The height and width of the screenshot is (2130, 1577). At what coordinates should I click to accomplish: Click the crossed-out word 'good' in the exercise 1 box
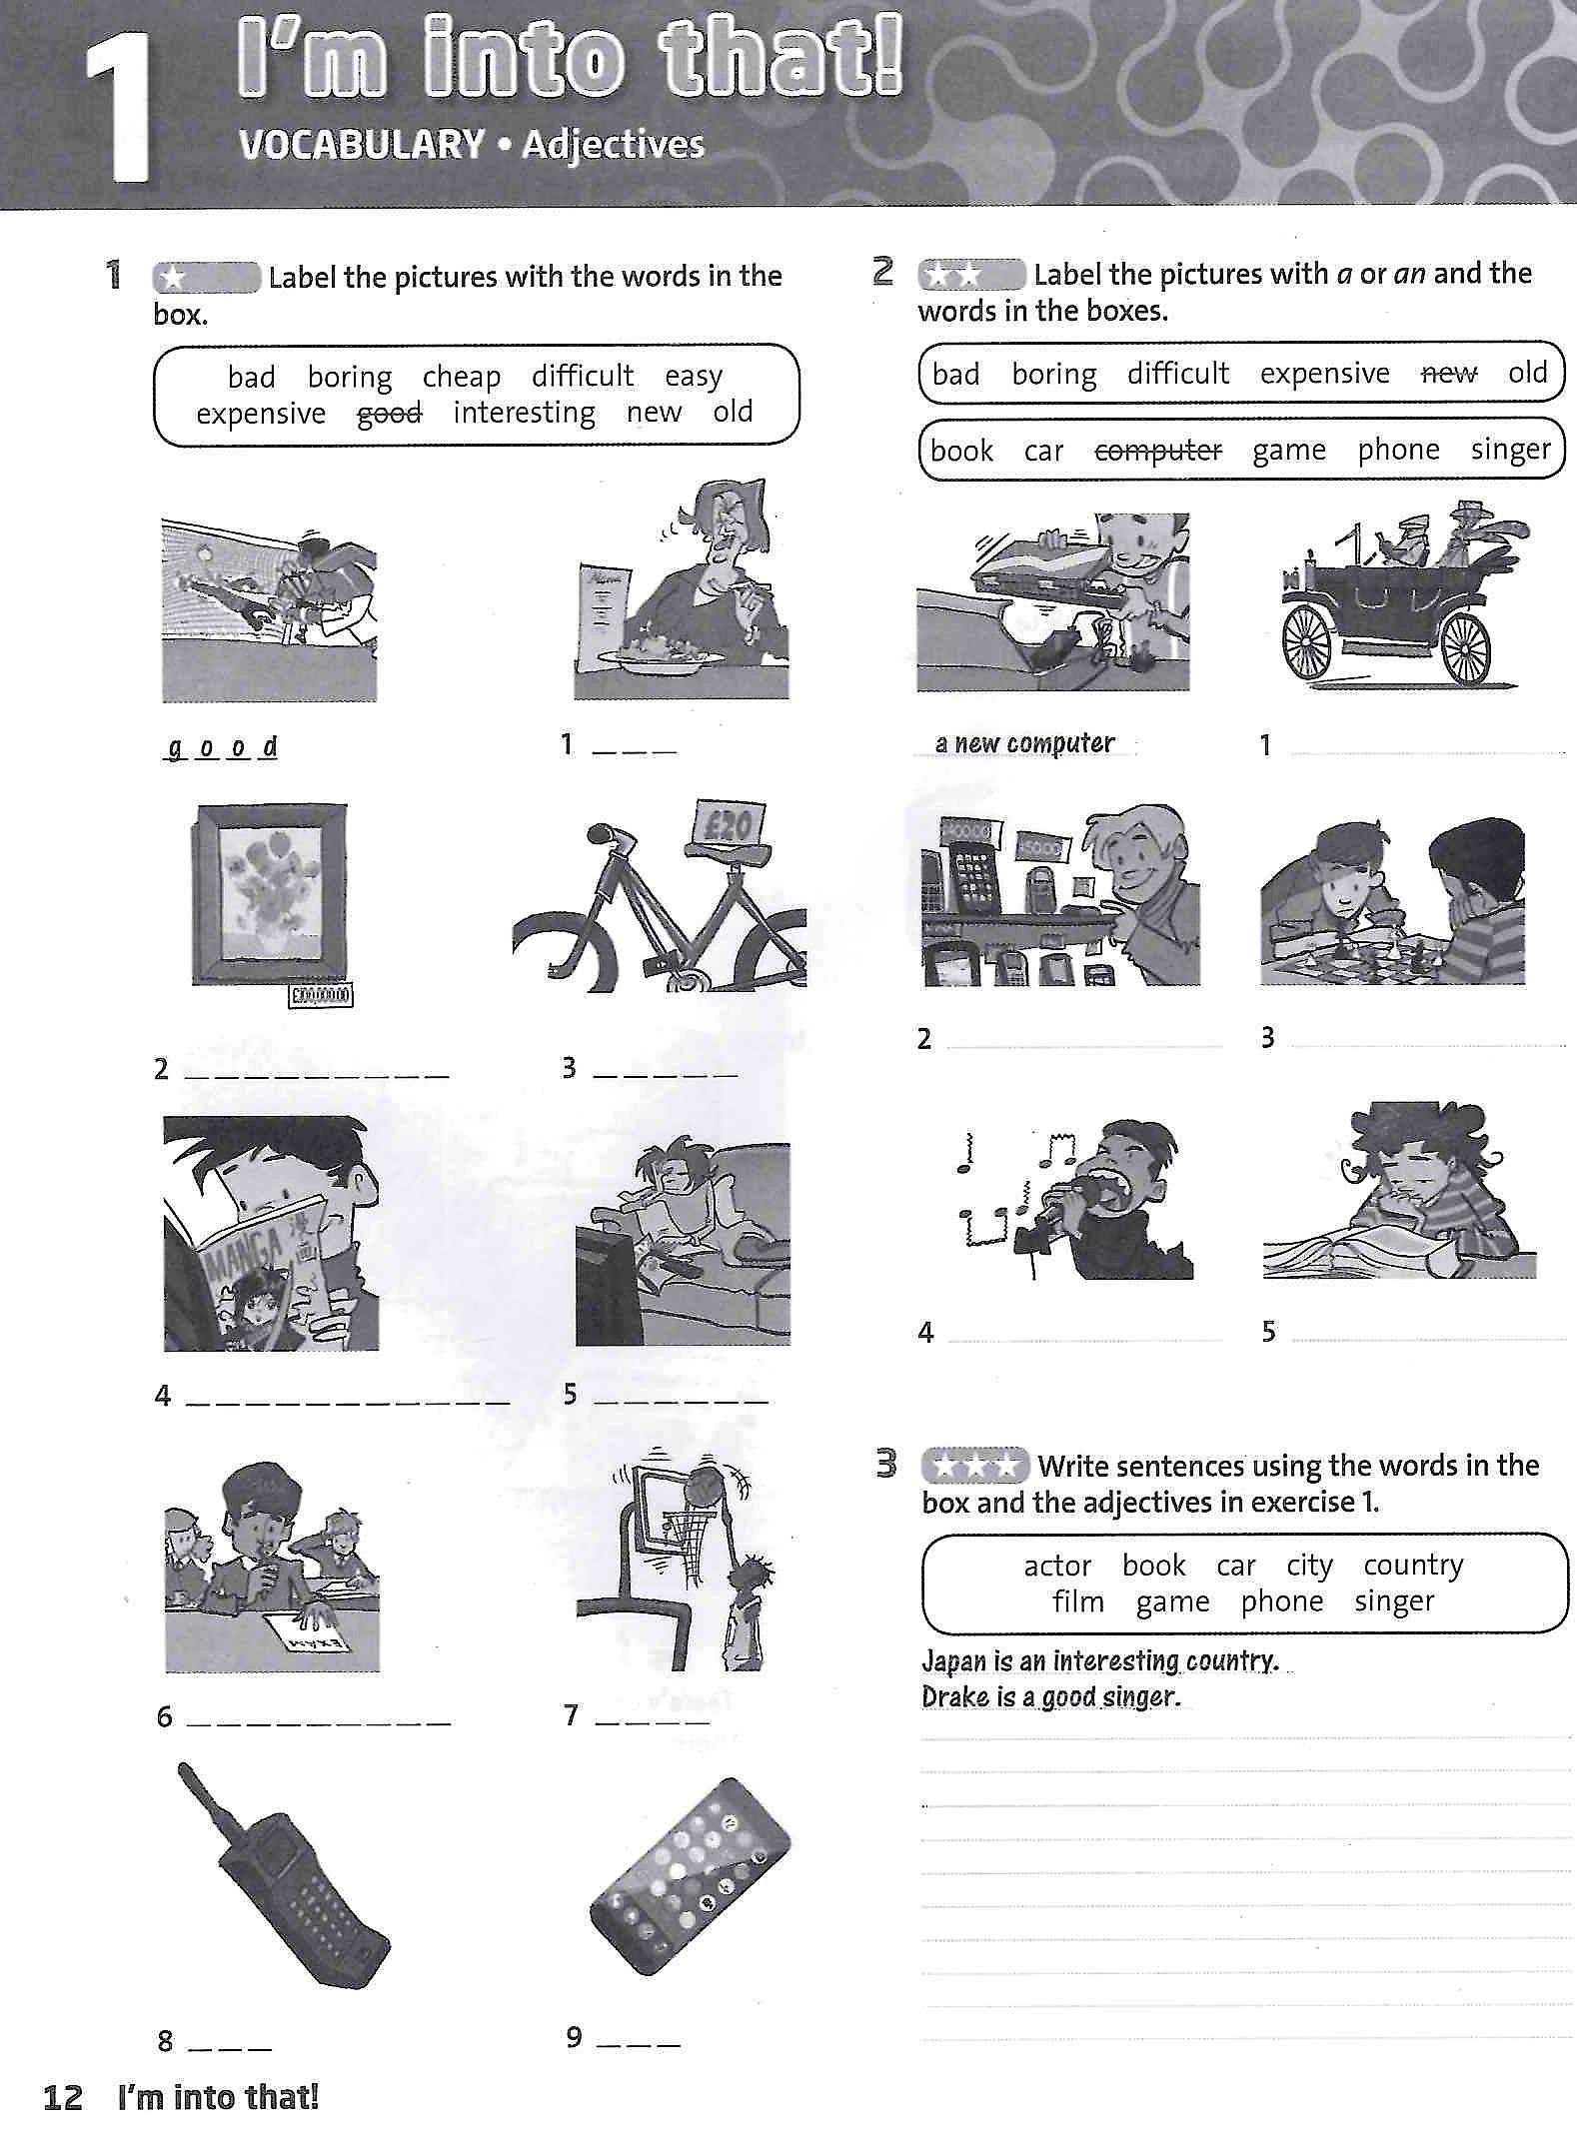point(390,413)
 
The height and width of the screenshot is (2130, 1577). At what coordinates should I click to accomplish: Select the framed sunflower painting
point(270,893)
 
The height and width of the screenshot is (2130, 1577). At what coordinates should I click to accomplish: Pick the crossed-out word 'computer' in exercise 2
point(1158,451)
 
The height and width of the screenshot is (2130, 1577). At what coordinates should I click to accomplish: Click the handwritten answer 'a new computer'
point(1024,743)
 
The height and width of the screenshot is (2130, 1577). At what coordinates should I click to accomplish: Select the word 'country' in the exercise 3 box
point(1413,1565)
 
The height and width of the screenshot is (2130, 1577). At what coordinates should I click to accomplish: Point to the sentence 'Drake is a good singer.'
point(1050,1697)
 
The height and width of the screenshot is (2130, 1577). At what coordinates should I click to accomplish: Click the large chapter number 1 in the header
point(118,108)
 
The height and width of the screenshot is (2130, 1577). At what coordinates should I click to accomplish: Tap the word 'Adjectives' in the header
point(613,145)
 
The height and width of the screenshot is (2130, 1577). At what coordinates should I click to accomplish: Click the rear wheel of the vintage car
point(1466,647)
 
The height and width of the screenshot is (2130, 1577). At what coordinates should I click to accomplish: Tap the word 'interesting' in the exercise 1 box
point(524,413)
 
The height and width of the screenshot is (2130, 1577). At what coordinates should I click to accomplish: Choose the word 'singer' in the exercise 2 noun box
point(1510,451)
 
